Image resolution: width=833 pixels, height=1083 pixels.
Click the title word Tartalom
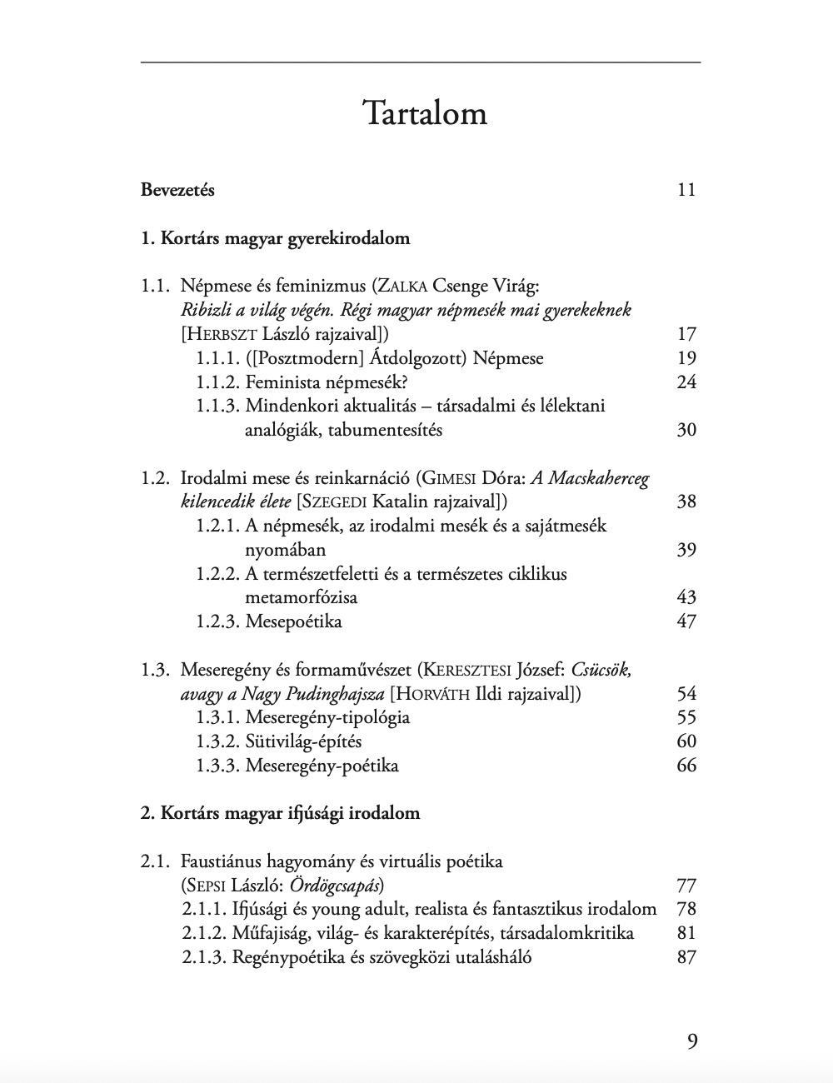425,113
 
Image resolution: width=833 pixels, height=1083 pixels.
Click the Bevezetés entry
177,190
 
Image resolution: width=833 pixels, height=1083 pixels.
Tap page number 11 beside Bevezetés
686,190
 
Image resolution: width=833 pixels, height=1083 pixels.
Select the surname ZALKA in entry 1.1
402,287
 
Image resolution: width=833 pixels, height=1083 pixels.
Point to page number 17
686,335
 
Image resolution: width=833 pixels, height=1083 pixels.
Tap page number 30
686,431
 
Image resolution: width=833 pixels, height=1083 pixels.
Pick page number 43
686,597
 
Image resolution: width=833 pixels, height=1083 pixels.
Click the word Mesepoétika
293,621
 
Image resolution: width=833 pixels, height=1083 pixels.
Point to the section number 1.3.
155,670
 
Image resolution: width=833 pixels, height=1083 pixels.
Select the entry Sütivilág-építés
303,741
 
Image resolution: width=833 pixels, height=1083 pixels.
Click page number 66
686,766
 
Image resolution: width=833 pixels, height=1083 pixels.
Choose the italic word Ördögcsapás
336,885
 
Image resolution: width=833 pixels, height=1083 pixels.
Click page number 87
686,957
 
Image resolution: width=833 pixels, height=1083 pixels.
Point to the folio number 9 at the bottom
692,1041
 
